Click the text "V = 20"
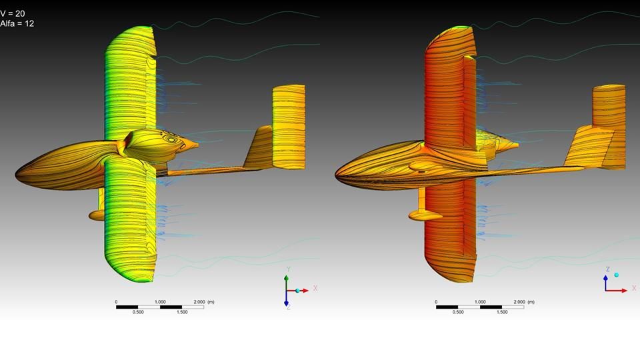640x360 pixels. (12, 13)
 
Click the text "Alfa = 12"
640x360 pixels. (17, 23)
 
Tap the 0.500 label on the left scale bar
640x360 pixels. (138, 312)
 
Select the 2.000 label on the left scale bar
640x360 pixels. (199, 302)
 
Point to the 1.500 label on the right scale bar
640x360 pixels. (502, 312)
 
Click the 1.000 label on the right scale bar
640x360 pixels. (480, 302)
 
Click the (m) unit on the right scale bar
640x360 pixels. (531, 302)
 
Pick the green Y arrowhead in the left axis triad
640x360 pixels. (287, 278)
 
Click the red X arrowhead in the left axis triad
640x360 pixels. (306, 291)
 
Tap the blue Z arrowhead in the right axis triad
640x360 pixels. (606, 278)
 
